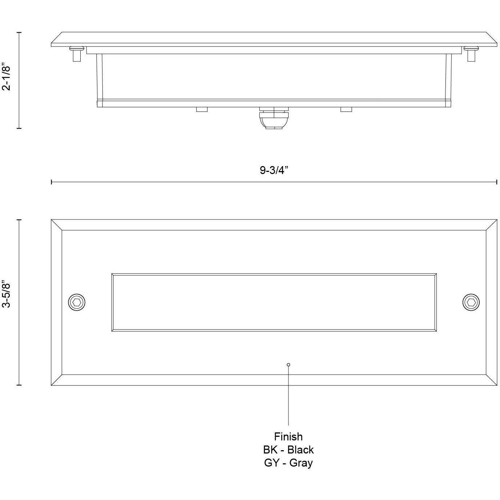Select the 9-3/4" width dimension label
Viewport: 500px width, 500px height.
[274, 170]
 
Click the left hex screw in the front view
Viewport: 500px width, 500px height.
[77, 302]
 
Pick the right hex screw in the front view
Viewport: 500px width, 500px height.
[471, 302]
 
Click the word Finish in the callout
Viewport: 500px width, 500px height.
[288, 436]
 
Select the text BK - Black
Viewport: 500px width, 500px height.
[288, 450]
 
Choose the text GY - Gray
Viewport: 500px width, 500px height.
[288, 463]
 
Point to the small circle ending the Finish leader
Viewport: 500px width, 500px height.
[289, 364]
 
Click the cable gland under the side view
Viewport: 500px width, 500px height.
[274, 118]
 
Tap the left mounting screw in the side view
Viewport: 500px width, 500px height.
[77, 54]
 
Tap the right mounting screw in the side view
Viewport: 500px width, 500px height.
[471, 54]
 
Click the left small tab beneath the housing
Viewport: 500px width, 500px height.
[202, 109]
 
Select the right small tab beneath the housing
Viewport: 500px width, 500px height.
[346, 109]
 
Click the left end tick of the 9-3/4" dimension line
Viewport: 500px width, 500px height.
[52, 182]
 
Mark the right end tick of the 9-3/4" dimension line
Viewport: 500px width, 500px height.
[497, 182]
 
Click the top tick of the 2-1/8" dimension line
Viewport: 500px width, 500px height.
[19, 32]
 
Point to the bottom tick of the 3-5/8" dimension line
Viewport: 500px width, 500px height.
[19, 384]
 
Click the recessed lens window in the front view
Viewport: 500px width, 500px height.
[274, 302]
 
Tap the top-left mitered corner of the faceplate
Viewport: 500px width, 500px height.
[56, 225]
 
